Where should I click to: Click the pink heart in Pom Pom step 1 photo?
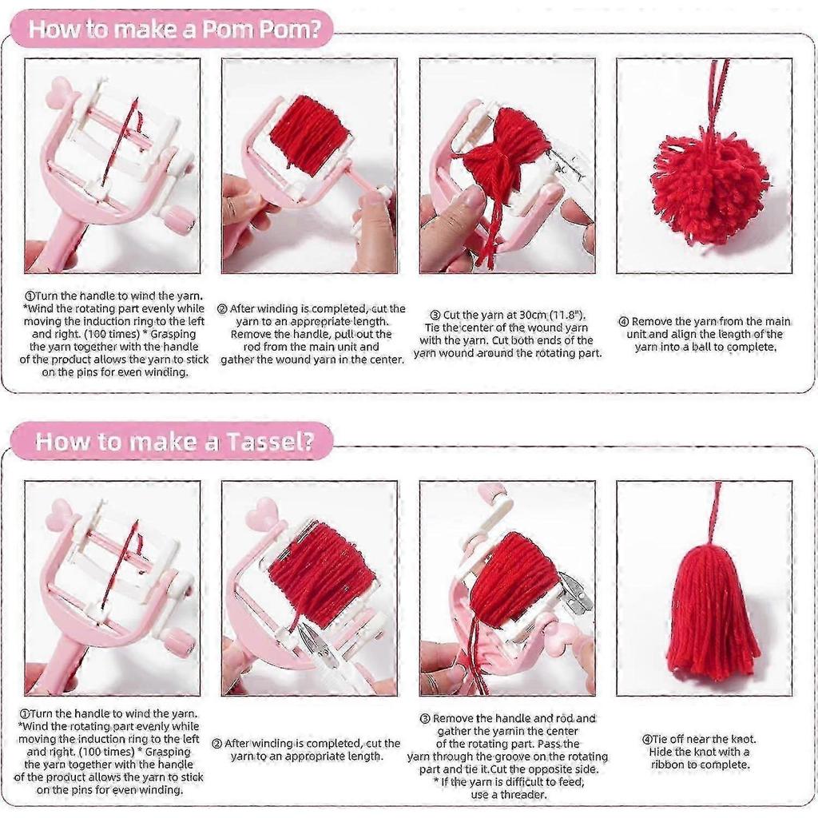tap(59, 93)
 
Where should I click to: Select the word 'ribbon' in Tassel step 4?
tap(673, 764)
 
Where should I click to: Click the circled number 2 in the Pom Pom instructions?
tap(222, 309)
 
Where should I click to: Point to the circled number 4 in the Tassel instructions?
tap(647, 739)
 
